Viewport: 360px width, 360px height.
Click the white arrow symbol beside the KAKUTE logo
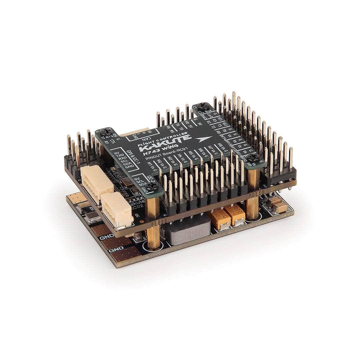point(204,139)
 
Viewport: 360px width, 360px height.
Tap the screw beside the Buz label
point(202,107)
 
